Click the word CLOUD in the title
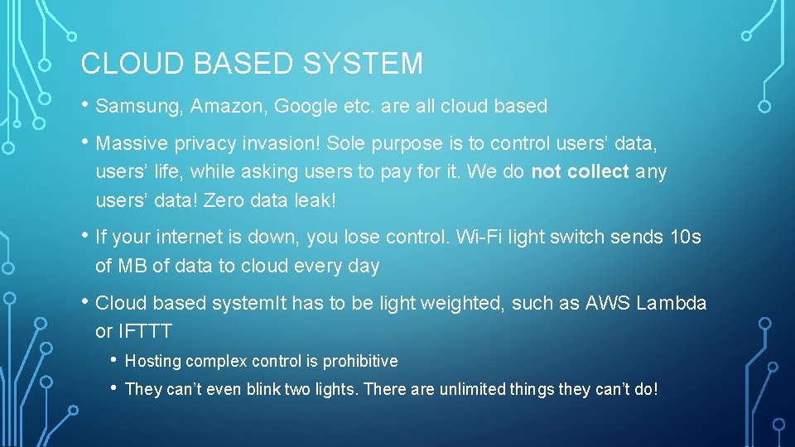123,64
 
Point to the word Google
304,107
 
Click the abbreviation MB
132,267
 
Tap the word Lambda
672,303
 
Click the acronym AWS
608,303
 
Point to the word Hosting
153,362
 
